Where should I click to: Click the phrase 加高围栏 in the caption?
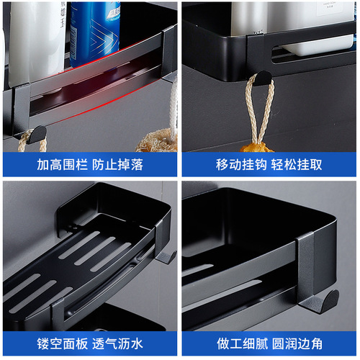(60, 164)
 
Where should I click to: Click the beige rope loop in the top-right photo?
(258, 101)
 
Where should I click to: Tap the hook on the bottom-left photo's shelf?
(166, 256)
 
